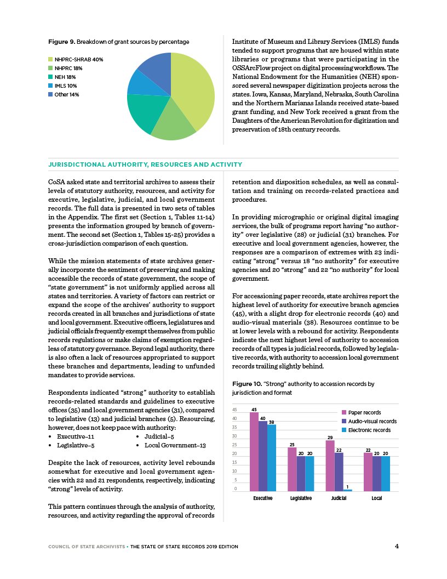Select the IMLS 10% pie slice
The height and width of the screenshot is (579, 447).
click(x=137, y=83)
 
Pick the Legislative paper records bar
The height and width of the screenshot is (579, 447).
click(x=292, y=469)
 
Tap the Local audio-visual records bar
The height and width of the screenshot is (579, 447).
click(x=376, y=473)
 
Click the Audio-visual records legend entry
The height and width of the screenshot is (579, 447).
click(x=369, y=421)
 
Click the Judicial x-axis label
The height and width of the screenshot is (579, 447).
click(x=339, y=498)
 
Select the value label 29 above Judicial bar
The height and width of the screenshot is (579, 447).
click(x=330, y=438)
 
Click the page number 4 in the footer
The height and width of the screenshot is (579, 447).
click(x=396, y=546)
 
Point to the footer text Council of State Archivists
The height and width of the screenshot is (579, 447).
click(x=86, y=546)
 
